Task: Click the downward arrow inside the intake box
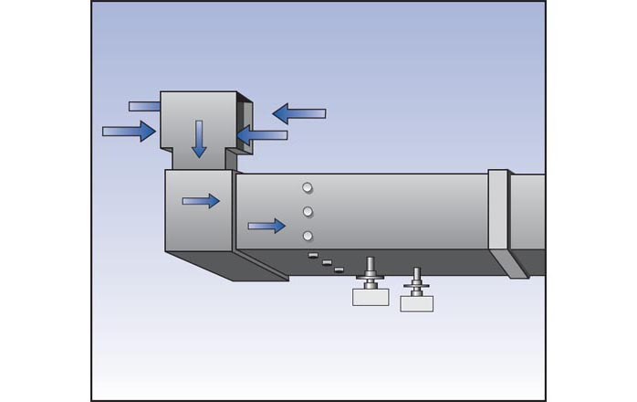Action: point(199,137)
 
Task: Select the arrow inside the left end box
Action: point(201,201)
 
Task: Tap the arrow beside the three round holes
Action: point(266,225)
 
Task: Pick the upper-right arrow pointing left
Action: point(299,113)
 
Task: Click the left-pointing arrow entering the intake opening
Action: point(262,135)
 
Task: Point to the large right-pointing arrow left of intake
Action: point(129,132)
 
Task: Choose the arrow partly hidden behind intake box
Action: point(144,106)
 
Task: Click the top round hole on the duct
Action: point(308,188)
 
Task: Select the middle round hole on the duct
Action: point(308,213)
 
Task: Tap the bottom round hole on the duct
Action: point(308,237)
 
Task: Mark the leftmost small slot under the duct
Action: point(313,255)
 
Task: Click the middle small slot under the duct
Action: point(327,262)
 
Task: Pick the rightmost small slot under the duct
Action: point(339,270)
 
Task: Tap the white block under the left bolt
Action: point(371,297)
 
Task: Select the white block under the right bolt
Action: point(416,303)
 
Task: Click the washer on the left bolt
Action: point(371,276)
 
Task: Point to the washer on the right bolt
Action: point(416,286)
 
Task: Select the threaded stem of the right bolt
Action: point(416,275)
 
